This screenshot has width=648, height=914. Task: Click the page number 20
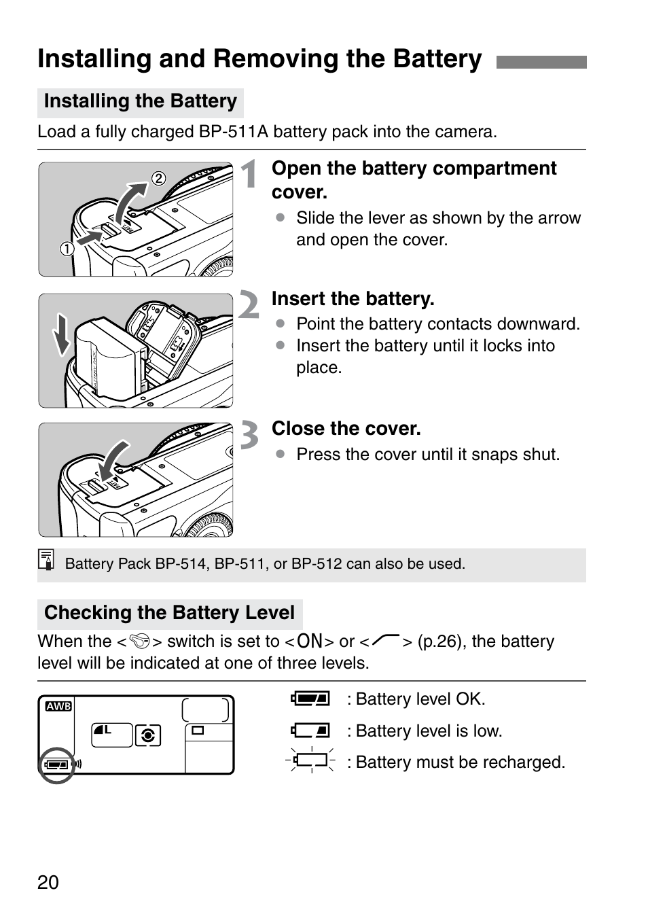[48, 882]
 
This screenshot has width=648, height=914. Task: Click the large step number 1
[250, 174]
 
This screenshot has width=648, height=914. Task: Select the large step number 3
[250, 435]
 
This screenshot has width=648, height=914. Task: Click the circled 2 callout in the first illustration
[158, 179]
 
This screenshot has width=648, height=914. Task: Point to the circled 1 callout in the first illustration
[67, 249]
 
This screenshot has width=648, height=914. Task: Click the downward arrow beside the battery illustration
[62, 334]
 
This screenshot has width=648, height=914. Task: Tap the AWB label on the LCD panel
[58, 706]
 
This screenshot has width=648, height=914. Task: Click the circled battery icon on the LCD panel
[56, 764]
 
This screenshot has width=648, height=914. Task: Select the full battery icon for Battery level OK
[311, 699]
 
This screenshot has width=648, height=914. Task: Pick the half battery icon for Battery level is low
[311, 731]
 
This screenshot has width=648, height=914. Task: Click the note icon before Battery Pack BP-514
[46, 560]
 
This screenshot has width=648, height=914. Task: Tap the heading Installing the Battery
[140, 101]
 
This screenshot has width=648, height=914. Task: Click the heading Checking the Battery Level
[169, 613]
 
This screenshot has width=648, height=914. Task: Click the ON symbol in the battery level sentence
[310, 641]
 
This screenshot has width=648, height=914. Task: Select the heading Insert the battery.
[353, 299]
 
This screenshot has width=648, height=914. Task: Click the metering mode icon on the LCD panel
[148, 735]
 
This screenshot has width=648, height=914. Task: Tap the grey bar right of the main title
[541, 63]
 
